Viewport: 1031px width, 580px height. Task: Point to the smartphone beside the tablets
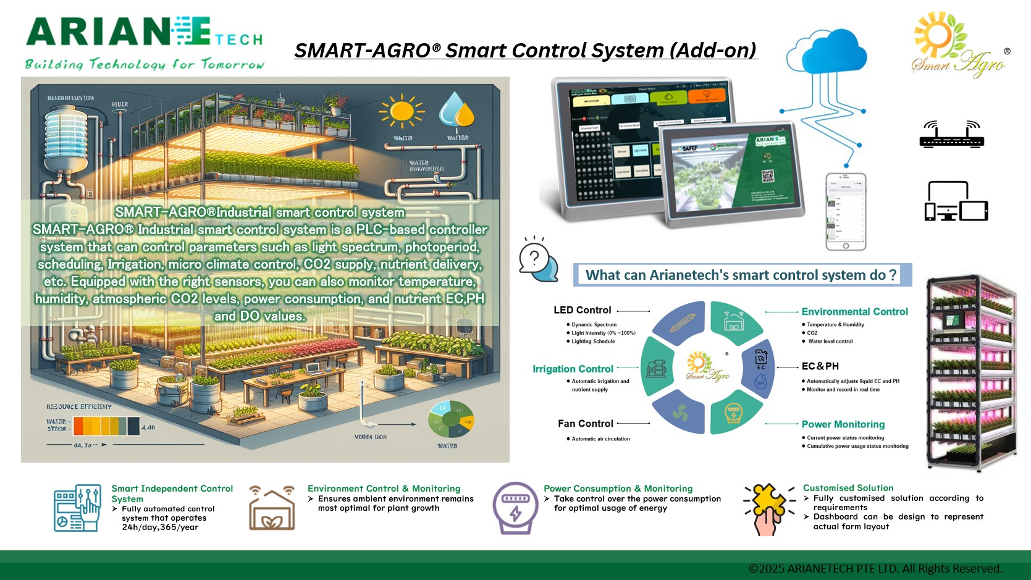(846, 212)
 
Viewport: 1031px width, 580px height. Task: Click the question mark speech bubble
(538, 259)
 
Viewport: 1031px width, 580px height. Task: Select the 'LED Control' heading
(582, 310)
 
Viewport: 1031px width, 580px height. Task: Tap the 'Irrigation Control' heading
(573, 369)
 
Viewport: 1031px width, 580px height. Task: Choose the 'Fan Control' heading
(585, 424)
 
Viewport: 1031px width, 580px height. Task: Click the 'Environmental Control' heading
(854, 312)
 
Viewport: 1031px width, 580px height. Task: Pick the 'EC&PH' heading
(820, 366)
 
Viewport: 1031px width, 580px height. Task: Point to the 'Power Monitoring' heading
(843, 424)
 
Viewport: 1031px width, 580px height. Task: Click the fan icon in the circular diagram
(680, 413)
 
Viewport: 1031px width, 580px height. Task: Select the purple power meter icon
(515, 508)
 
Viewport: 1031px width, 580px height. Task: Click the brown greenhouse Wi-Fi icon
(272, 508)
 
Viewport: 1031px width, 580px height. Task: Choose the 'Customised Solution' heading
(848, 488)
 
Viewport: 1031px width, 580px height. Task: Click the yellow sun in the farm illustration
(402, 112)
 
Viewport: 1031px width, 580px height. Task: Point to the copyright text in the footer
(875, 569)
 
